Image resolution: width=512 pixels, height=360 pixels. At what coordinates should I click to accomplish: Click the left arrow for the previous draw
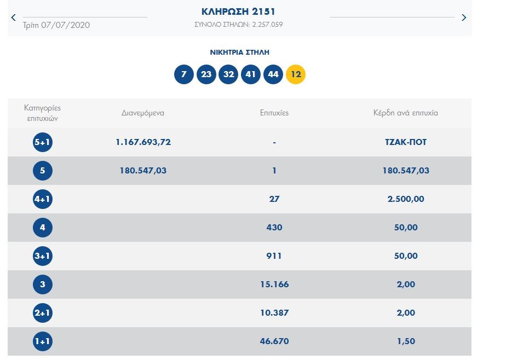coord(14,18)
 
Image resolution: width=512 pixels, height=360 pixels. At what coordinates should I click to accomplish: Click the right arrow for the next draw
coord(464,18)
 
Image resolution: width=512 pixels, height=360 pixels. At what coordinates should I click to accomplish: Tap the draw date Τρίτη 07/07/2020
coord(56,25)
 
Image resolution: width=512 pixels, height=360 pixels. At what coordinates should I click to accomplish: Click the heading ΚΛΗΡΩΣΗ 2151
coord(239,11)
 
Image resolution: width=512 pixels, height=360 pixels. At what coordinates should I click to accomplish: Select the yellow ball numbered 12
coord(296,74)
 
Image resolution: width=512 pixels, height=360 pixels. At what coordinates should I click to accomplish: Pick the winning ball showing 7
coord(184,74)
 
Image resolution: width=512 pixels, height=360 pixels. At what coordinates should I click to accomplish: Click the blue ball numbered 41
coord(251,74)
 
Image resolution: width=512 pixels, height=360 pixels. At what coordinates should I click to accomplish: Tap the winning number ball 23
coord(206,74)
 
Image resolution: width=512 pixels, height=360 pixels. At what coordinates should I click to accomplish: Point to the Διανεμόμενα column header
coord(143,113)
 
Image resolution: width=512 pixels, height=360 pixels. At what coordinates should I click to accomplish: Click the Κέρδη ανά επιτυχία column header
coord(405,113)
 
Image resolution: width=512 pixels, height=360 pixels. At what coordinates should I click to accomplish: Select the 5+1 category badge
coord(43,142)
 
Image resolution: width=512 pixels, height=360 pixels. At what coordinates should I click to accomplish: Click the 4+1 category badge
coord(43,199)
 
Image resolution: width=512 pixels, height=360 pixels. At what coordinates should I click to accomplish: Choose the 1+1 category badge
coord(43,341)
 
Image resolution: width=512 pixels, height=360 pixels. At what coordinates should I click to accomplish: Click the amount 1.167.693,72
coord(143,142)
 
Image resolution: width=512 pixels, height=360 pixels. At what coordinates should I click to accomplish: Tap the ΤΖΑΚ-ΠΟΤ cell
coord(405,142)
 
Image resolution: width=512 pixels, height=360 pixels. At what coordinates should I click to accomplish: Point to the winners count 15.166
coord(274,284)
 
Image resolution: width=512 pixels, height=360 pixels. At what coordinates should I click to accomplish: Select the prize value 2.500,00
coord(405,199)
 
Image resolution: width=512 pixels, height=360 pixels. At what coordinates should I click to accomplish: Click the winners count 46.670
coord(274,341)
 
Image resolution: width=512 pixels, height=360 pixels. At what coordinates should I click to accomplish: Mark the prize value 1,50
coord(405,341)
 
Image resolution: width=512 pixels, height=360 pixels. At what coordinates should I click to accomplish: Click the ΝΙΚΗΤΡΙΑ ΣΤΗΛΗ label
coord(239,53)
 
